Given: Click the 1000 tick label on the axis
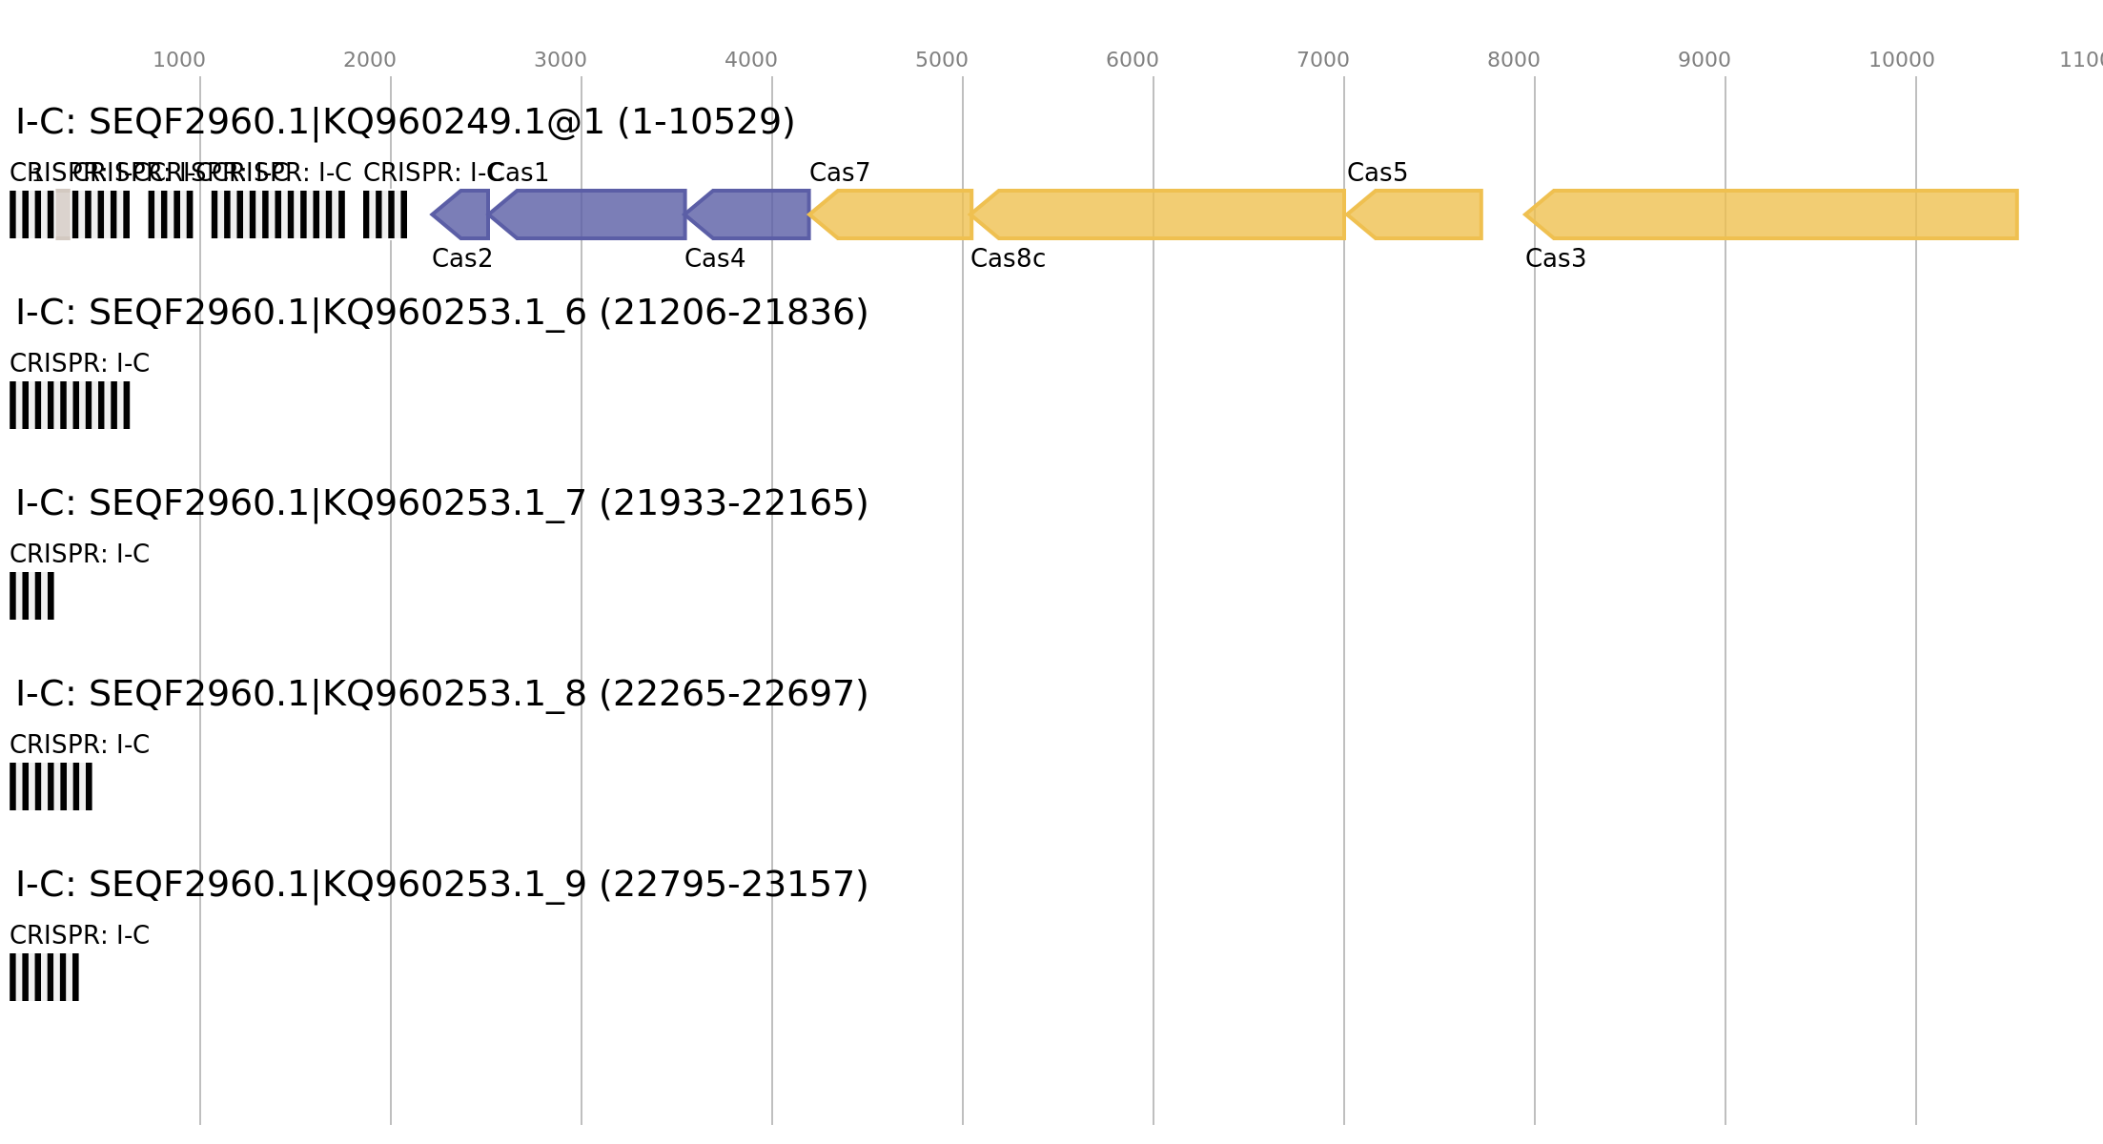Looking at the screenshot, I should (x=178, y=60).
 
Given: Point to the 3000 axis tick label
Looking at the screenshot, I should (x=560, y=60).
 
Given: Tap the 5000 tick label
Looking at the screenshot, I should (x=941, y=60).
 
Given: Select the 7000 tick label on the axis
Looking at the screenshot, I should (x=1322, y=60).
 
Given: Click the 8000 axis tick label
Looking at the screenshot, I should (x=1513, y=60).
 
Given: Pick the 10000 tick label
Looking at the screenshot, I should (x=1901, y=60).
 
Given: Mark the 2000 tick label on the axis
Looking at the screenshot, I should (x=369, y=60).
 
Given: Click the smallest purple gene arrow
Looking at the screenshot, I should (x=462, y=214).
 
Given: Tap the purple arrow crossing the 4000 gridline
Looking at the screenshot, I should (x=753, y=214).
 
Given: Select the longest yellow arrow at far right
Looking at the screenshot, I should (x=1778, y=214).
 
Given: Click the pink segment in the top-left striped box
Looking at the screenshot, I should (x=63, y=214).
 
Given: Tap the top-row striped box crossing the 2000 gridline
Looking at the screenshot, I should (x=385, y=214).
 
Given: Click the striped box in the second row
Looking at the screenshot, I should (x=70, y=405).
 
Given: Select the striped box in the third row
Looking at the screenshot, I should (x=31, y=596).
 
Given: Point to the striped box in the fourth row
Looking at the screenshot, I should (x=51, y=786).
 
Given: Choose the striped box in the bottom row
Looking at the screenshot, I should (x=44, y=977).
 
